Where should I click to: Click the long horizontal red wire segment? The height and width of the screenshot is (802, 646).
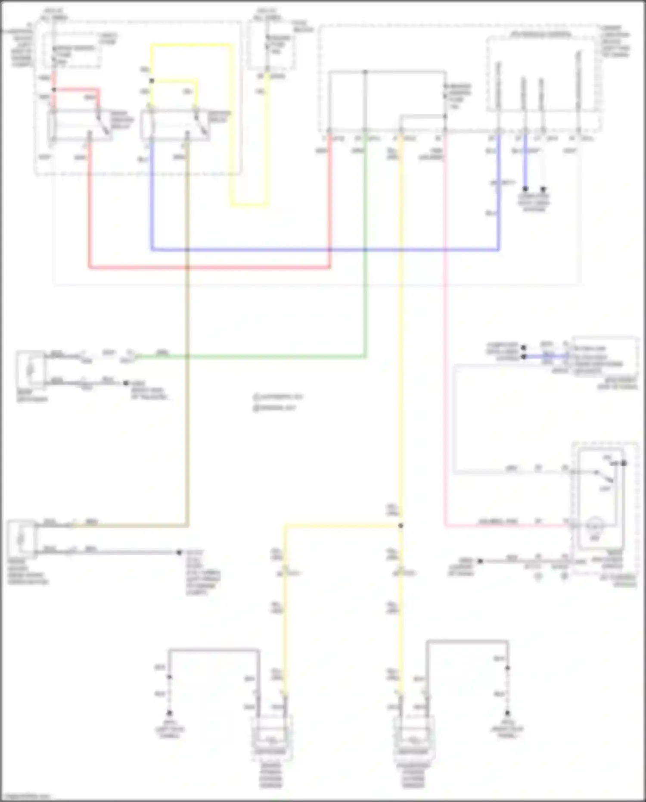(207, 267)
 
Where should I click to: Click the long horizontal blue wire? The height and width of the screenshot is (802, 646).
(323, 250)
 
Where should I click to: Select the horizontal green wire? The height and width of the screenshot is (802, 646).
(258, 356)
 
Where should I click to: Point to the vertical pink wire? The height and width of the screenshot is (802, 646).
(445, 345)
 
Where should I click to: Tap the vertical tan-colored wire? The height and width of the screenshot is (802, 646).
(187, 345)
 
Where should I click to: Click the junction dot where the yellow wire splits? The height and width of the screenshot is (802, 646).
(401, 525)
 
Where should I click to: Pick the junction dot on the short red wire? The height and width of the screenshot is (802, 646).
(54, 90)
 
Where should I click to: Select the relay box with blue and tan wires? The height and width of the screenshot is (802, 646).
(174, 125)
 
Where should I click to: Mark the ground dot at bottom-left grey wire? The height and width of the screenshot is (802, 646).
(169, 713)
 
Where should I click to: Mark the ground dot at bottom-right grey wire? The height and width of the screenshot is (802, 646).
(507, 713)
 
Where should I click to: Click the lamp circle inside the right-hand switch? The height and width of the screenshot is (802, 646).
(595, 524)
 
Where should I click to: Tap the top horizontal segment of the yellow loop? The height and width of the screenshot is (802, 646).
(189, 45)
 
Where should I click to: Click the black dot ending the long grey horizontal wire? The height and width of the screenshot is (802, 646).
(179, 552)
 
